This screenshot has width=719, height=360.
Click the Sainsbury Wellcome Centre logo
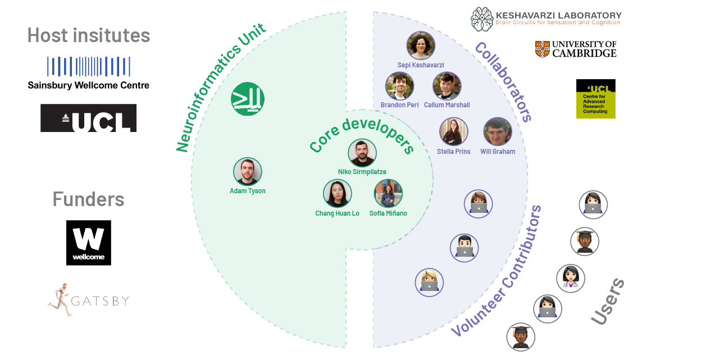coord(89,73)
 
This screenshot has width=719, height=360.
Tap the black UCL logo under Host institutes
coord(89,118)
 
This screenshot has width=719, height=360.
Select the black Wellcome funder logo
coord(89,243)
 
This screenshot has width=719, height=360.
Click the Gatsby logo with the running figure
coord(89,300)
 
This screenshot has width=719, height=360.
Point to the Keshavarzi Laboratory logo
coord(546,19)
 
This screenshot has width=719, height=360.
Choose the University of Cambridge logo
coord(576,49)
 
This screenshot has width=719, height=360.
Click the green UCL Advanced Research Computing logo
coord(595,99)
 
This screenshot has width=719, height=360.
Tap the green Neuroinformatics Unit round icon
coord(248,99)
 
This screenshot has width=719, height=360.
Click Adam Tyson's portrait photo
coord(248,171)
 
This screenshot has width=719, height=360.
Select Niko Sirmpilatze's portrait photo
coord(362,153)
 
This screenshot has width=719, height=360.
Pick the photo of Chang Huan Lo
coord(337,193)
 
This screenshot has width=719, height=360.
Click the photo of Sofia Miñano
coord(388,193)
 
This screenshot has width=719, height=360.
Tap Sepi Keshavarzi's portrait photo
coord(421,45)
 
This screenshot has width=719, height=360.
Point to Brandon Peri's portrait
coord(399,86)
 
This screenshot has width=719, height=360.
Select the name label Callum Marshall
coord(447,105)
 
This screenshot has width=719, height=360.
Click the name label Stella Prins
coord(454,152)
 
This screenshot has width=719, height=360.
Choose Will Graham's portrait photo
coord(498,131)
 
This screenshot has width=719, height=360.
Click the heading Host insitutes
coord(89,35)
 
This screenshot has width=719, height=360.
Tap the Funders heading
coord(89,199)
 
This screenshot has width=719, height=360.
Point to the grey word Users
coord(608,301)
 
